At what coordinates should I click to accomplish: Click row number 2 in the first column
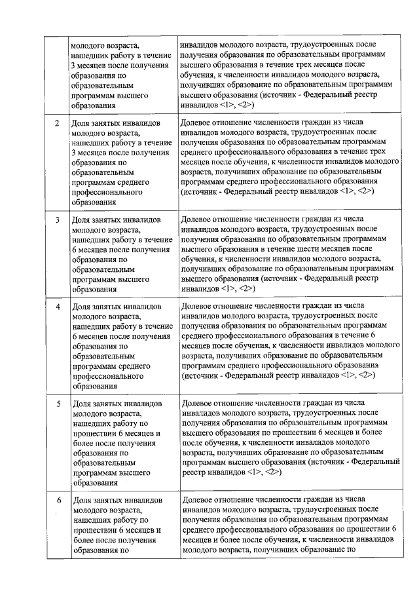[56, 123]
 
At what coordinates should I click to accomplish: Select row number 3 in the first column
[56, 220]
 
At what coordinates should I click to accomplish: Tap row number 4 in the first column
[56, 306]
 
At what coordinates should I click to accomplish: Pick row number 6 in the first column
[57, 501]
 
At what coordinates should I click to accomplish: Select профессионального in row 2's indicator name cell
[107, 193]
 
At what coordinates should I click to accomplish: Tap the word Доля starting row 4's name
[82, 306]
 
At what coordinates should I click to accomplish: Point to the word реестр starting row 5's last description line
[194, 472]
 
